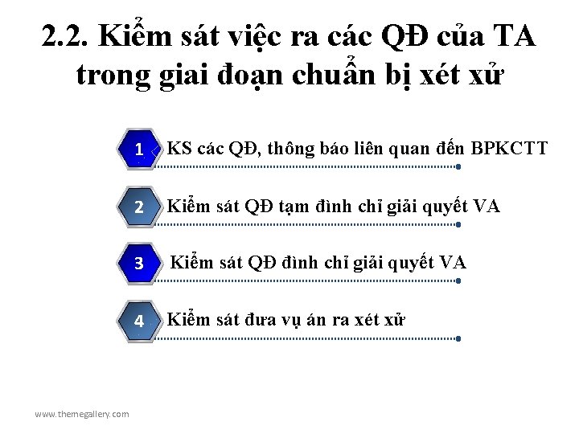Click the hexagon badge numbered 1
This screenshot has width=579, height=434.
coord(139,149)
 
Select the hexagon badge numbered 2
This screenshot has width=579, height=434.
coord(139,207)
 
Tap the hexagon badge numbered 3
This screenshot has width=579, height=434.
coord(139,264)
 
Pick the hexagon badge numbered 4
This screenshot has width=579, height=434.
coord(139,321)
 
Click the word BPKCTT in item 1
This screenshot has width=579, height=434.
coord(510,148)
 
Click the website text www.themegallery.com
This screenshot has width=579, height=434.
coord(81,414)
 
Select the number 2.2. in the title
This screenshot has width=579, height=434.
coord(68,37)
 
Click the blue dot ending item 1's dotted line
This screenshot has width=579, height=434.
coord(458,167)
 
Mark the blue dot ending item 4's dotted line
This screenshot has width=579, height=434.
coord(458,338)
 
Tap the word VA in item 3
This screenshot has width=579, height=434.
coord(453,262)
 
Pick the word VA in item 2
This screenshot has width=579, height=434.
coord(487,207)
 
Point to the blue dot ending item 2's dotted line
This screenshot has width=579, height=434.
coord(458,224)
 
